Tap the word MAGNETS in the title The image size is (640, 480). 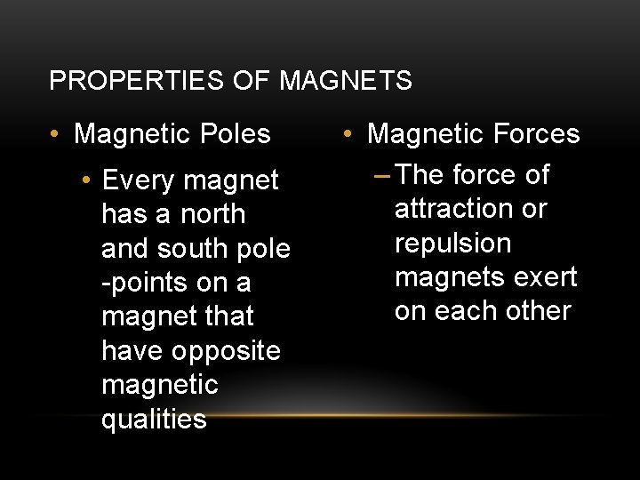346,81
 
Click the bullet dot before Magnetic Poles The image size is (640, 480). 56,135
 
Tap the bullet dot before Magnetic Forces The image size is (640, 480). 349,135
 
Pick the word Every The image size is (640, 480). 137,180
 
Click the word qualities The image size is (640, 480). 154,419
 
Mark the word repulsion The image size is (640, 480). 453,243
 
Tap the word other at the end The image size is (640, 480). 535,310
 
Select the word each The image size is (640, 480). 463,310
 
